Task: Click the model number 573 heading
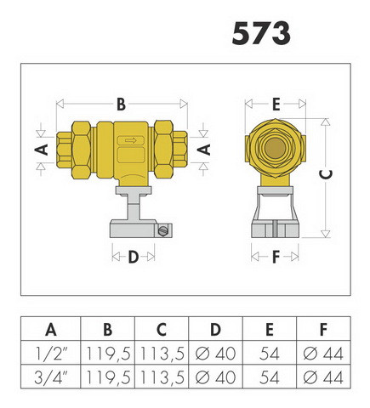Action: point(261,33)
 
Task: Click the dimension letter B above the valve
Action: point(122,105)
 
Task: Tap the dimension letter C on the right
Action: point(326,174)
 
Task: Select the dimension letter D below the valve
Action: point(134,257)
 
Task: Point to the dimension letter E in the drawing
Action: point(276,105)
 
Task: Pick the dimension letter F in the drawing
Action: point(276,257)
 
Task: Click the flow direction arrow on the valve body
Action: point(131,140)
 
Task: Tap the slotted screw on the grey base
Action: point(162,230)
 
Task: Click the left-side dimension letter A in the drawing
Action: point(42,150)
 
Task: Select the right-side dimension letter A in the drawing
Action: point(204,150)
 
